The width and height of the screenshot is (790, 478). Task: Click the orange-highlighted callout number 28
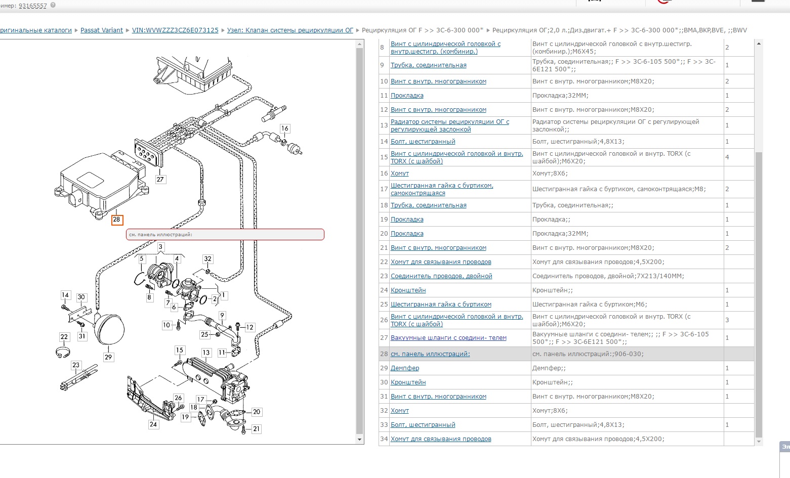coord(117,220)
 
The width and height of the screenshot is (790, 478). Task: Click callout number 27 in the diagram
coord(160,180)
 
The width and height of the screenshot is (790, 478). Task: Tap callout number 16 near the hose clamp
coord(284,128)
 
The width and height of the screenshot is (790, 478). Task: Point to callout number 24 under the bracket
coord(153,424)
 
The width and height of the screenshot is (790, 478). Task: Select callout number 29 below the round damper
coord(108,357)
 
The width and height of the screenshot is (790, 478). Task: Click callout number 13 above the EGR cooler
coord(206,353)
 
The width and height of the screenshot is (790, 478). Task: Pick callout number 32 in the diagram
coord(207,259)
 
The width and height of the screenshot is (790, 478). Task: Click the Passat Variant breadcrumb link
coord(102,30)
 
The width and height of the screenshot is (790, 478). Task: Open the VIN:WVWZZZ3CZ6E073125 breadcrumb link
coord(175,30)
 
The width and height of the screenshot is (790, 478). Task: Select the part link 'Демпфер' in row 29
coord(405,368)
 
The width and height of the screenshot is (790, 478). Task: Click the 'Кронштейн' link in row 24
coord(408,290)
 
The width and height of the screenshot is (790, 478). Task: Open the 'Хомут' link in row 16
coord(400,173)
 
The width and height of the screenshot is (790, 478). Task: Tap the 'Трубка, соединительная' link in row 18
coord(429,205)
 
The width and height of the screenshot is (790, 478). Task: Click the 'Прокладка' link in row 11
coord(407,96)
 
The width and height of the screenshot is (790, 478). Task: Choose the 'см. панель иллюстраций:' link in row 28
coord(430,354)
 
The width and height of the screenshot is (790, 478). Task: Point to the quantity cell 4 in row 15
coord(727,157)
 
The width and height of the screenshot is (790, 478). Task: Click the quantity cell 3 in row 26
coord(727,320)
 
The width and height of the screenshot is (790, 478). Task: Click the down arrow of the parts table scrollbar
coord(759,442)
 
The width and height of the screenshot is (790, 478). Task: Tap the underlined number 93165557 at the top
coord(33,6)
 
